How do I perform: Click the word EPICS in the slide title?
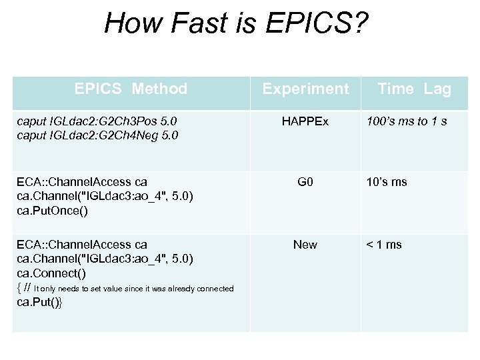303,25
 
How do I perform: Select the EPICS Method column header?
131,89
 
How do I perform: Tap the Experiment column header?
305,89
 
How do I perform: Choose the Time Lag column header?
414,89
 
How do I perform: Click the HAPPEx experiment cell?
305,122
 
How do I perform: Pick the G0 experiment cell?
305,182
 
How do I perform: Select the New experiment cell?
305,245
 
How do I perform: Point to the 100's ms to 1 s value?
407,122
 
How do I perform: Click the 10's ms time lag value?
386,182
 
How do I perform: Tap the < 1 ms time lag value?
383,245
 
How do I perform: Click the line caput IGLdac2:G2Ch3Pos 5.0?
97,122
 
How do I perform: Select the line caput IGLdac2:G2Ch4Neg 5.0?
97,135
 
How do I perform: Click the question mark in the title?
360,25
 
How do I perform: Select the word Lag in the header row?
438,89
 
